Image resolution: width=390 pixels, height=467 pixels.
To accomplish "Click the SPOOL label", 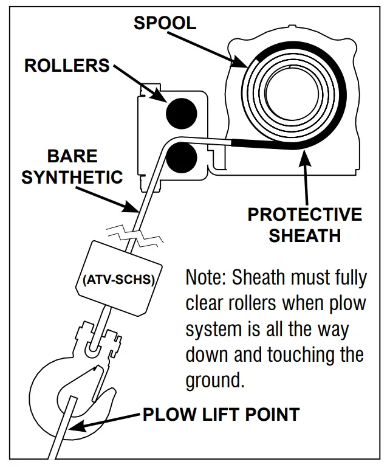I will click(x=165, y=22).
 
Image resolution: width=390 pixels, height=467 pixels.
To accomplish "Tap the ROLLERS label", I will click(x=67, y=65).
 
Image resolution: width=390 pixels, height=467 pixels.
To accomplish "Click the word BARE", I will click(x=72, y=156).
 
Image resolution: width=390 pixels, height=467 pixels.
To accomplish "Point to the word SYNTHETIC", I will click(x=72, y=177).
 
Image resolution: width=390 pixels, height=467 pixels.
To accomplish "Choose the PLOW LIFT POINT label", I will click(x=221, y=415).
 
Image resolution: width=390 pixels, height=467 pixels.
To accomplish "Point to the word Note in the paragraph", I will click(x=205, y=278).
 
